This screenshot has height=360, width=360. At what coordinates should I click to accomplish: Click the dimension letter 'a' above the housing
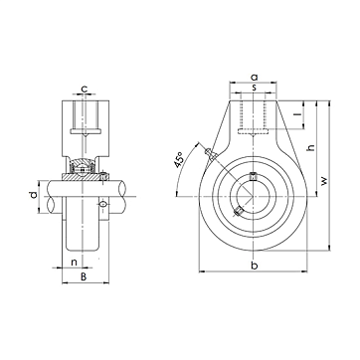coord(254,78)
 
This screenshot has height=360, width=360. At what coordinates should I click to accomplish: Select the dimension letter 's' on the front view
coord(254,88)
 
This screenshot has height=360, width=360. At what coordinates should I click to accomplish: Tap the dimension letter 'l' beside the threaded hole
coord(299,114)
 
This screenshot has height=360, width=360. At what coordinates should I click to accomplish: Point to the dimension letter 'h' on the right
coord(311,147)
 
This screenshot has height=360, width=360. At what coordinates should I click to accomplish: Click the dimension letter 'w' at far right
coord(324,180)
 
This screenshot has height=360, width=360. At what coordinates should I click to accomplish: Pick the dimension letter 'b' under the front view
coord(254,266)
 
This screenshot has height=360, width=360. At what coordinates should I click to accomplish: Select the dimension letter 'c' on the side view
coord(85,89)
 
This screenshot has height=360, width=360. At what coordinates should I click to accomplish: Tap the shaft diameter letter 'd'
coord(33,196)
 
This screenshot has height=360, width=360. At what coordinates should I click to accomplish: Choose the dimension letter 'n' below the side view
coord(75,263)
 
